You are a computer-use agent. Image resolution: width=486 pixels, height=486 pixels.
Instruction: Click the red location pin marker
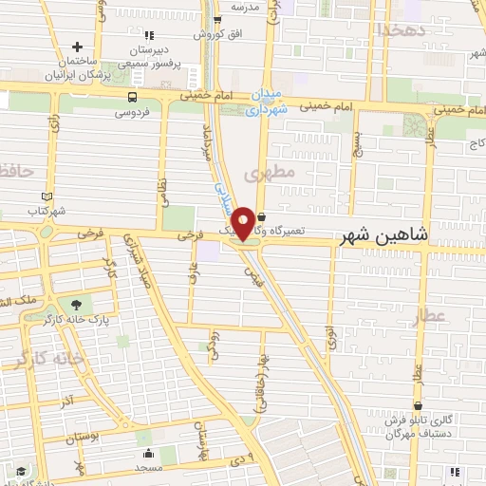[x=243, y=222]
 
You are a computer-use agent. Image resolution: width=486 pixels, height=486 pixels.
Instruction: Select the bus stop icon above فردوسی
[x=131, y=97]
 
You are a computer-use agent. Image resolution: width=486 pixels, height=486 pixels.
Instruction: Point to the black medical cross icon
[x=78, y=47]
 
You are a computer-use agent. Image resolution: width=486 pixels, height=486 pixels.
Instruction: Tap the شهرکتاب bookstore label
[x=47, y=211]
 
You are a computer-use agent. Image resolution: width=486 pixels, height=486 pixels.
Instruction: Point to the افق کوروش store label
[x=216, y=34]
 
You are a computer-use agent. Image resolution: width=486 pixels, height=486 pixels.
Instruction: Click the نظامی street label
[x=162, y=174]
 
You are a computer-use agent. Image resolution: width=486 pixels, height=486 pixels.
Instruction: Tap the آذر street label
[x=67, y=402]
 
